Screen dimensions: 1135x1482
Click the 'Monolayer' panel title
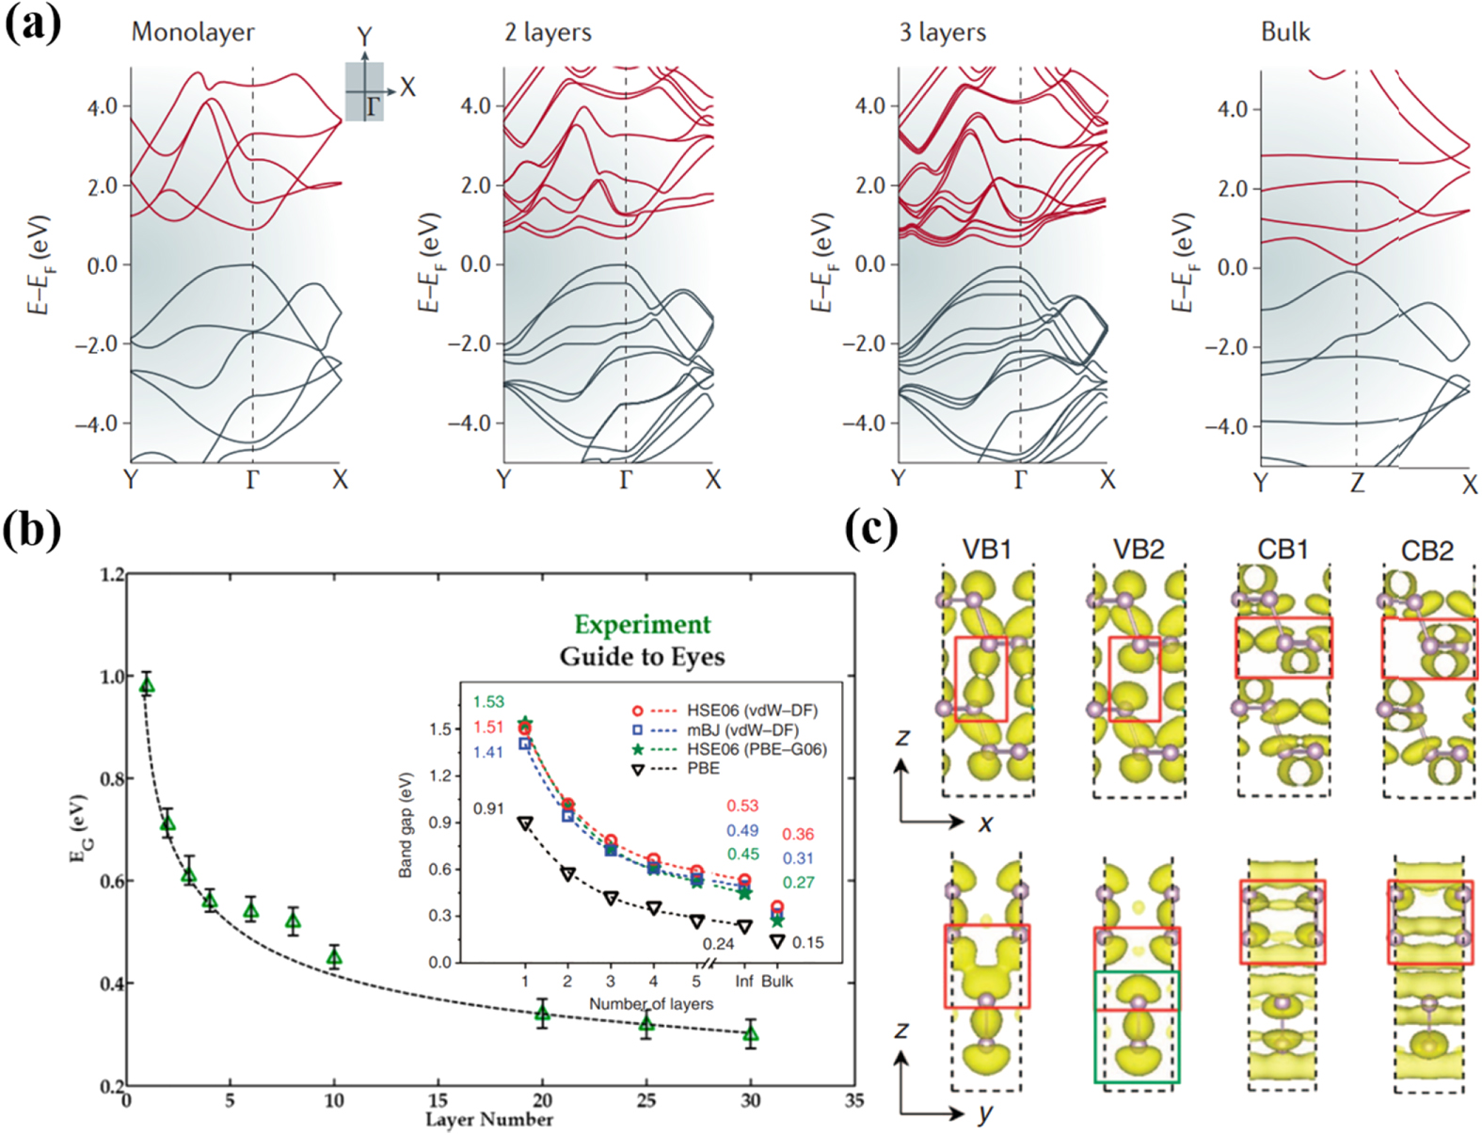[x=193, y=32]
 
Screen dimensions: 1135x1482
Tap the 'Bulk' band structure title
[x=1284, y=32]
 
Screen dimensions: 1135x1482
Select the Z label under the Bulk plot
[x=1356, y=483]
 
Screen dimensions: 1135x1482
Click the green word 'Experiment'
[x=643, y=625]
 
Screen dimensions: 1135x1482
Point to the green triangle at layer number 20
[x=542, y=1014]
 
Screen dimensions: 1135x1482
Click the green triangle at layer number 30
[x=750, y=1034]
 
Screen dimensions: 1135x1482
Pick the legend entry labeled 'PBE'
[x=703, y=768]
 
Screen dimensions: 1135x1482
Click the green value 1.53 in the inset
[x=488, y=702]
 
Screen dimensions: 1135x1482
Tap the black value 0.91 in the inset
[x=488, y=808]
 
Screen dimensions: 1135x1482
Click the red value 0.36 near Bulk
[x=798, y=834]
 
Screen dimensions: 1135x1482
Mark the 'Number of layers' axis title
[x=650, y=1004]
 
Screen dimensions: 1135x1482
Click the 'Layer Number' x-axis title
[x=488, y=1119]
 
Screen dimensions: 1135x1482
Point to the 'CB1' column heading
[x=1283, y=550]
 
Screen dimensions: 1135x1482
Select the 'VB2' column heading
[x=1138, y=550]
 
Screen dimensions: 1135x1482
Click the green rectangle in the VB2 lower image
[x=1137, y=1027]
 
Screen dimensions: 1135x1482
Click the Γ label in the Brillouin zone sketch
[x=374, y=106]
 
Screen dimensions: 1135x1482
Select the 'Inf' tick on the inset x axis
[x=743, y=981]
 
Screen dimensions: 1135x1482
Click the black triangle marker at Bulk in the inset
[x=776, y=941]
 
